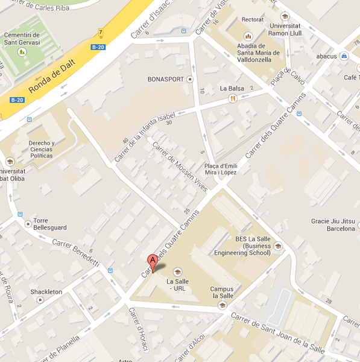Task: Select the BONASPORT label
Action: tap(165, 79)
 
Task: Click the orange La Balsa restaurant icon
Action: tap(232, 99)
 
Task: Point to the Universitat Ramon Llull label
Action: tap(284, 30)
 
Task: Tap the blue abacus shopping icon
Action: tap(344, 56)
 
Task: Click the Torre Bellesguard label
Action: tap(49, 224)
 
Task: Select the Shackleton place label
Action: tap(46, 292)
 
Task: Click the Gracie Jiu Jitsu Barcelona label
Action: tap(332, 224)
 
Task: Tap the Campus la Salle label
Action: tap(222, 292)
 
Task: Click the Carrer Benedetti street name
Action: tap(75, 253)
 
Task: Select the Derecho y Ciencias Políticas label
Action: tap(34, 147)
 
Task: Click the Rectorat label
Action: tap(252, 20)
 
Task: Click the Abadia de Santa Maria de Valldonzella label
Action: tap(259, 52)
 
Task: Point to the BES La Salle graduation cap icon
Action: tap(278, 246)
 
